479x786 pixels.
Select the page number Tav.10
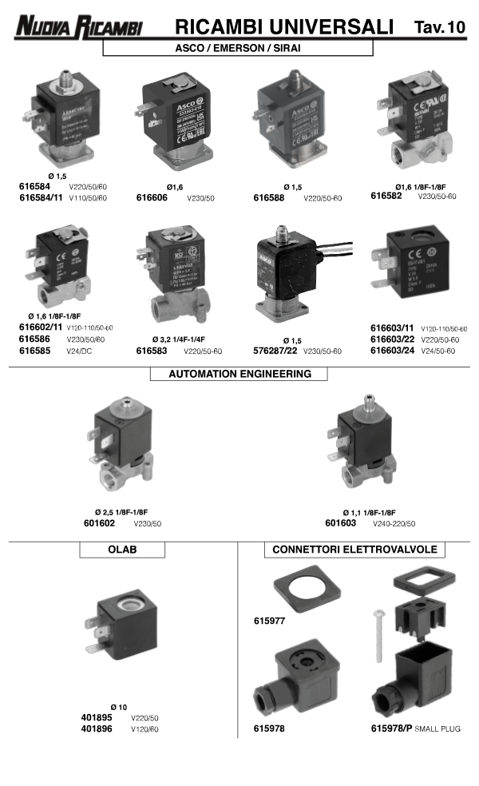(439, 27)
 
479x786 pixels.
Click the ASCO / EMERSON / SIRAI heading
(238, 48)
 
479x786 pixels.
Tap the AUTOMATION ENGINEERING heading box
(239, 374)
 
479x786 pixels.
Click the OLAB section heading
(122, 550)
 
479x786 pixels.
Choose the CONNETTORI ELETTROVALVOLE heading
(354, 550)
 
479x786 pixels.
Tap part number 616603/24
(392, 350)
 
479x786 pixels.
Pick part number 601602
(100, 523)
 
